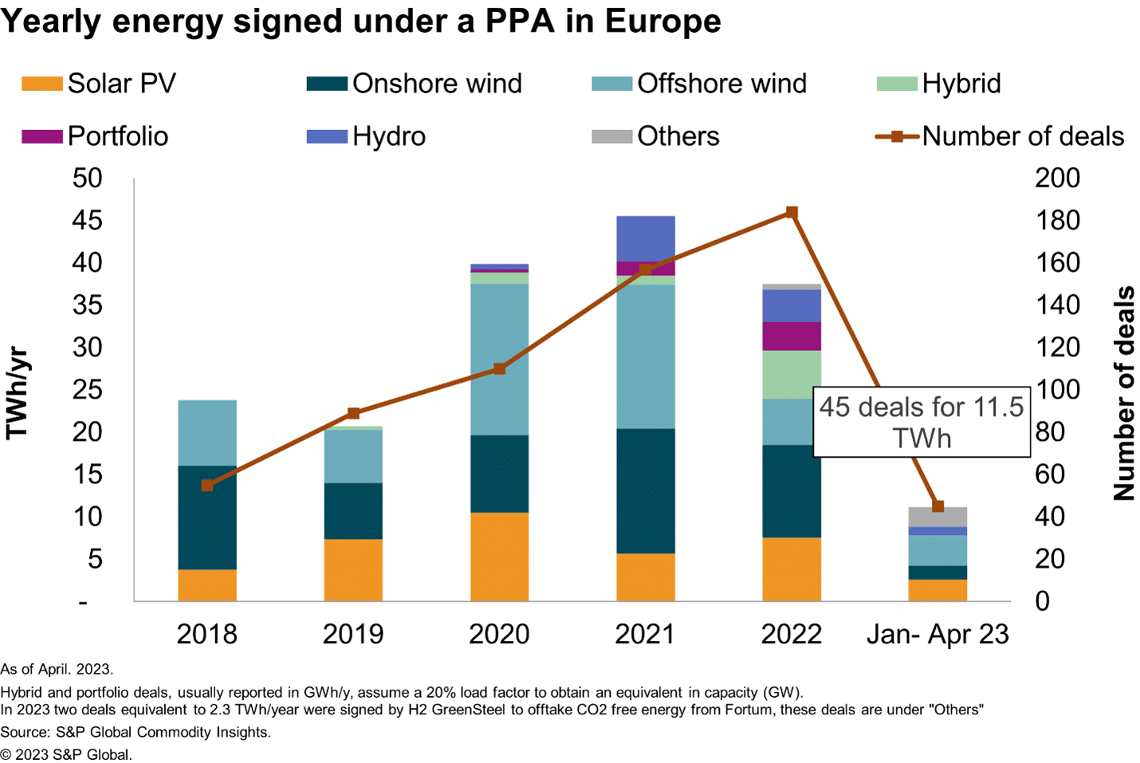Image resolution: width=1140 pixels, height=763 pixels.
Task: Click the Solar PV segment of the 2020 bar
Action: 499,557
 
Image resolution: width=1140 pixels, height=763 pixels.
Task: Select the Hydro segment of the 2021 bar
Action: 645,238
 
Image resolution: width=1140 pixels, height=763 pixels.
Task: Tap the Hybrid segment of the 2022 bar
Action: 791,374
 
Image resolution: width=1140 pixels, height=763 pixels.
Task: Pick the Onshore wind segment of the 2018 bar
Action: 207,517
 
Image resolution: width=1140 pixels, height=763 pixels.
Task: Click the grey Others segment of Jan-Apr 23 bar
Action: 937,517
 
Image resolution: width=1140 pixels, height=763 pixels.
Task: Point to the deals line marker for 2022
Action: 792,213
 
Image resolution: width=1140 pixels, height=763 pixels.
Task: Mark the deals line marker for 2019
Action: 354,413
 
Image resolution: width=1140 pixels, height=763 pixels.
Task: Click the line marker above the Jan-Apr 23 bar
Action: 938,506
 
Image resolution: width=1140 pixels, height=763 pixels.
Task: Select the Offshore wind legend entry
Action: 700,84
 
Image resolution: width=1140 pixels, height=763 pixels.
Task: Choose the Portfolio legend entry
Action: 96,136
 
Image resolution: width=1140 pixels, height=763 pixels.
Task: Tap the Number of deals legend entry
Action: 1000,136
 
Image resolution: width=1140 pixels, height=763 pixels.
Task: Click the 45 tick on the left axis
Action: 87,220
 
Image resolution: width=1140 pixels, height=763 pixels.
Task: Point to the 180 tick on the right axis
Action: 1057,220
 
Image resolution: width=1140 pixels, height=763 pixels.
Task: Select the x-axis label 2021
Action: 645,634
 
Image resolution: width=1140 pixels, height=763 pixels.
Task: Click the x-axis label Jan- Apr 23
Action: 938,634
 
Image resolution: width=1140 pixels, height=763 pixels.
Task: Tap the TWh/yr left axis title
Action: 18,392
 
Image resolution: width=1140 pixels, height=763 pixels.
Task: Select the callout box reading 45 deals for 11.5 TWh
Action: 921,423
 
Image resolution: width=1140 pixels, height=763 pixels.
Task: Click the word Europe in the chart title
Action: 662,21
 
